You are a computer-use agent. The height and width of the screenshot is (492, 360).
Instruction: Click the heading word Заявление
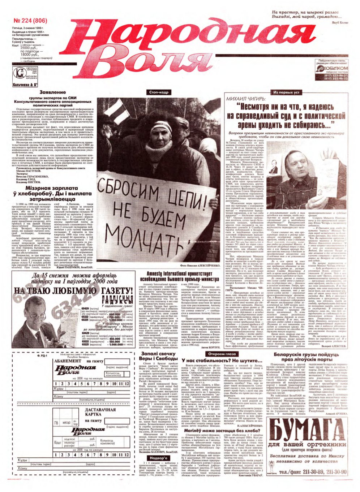click(52, 92)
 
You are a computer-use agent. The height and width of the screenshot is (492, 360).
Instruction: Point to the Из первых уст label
click(286, 92)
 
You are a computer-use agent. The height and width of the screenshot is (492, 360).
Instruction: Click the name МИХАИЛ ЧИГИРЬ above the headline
click(246, 99)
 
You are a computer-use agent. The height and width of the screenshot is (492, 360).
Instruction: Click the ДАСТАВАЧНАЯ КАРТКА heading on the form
click(100, 413)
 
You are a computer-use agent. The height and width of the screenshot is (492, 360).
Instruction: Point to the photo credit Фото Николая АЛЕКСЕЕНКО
click(199, 266)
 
